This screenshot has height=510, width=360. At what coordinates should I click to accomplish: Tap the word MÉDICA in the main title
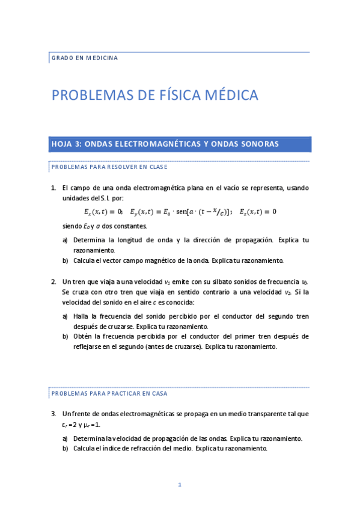tap(233, 95)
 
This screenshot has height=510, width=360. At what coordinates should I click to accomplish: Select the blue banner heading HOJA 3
tap(165, 144)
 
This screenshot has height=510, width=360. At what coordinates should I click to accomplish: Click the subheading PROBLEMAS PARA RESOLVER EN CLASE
tap(109, 167)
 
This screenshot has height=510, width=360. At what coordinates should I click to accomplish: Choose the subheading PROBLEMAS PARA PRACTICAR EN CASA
tap(109, 393)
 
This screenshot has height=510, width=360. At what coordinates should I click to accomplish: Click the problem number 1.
tap(53, 188)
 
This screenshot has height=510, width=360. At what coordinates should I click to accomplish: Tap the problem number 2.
tap(53, 281)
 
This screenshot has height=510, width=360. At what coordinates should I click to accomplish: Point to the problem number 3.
tap(53, 414)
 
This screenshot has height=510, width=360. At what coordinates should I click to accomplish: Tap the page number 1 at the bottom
tap(179, 484)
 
